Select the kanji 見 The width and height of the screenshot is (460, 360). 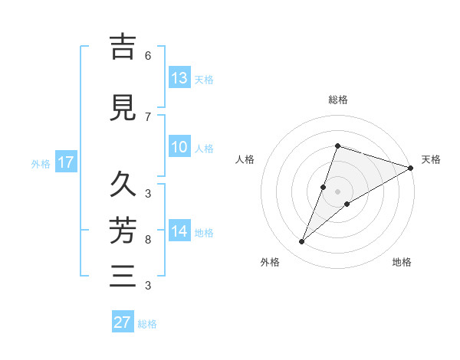click(122, 107)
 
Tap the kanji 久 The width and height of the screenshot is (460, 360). click(122, 185)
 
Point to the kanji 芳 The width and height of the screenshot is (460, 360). click(122, 229)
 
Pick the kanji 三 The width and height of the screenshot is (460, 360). click(122, 274)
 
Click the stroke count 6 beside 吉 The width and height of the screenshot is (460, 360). click(148, 56)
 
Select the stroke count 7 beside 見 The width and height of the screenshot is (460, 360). click(148, 116)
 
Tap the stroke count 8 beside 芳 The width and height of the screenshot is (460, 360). click(148, 240)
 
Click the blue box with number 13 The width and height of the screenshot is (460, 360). click(179, 78)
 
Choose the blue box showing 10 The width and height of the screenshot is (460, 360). click(179, 148)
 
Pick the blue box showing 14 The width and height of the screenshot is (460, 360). click(179, 231)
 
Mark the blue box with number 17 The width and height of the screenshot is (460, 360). click(65, 162)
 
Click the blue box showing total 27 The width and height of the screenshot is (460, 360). click(123, 322)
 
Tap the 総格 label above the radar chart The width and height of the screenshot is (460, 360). click(338, 100)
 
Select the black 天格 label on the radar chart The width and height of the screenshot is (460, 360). click(431, 159)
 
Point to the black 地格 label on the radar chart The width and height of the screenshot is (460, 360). click(402, 263)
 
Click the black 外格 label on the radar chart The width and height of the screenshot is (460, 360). click(270, 263)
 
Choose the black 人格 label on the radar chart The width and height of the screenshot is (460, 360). click(245, 159)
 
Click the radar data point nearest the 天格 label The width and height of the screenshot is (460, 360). click(411, 168)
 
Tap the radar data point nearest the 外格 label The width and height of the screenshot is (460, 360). click(302, 242)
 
